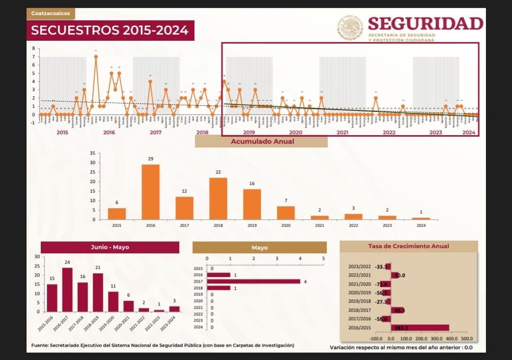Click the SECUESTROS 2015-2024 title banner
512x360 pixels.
pos(110,31)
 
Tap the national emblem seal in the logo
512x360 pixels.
pos(350,27)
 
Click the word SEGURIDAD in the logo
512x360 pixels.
pos(425,23)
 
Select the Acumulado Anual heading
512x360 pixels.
pos(262,141)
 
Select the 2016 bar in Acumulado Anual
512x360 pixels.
pos(151,192)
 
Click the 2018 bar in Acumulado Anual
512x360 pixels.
pos(218,199)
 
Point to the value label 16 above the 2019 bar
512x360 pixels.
pos(252,184)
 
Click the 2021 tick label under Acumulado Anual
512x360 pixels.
pos(320,225)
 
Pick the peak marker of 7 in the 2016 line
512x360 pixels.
pos(96,56)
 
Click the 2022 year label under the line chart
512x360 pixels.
pos(389,132)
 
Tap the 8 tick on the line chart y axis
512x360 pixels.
pos(34,48)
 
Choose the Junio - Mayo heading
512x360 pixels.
pos(110,247)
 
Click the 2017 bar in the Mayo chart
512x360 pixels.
pos(253,281)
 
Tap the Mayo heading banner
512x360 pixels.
pos(259,248)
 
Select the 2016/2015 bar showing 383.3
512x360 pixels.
pos(420,327)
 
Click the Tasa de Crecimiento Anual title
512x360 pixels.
pos(409,246)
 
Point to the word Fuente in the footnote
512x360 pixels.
pos(39,345)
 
